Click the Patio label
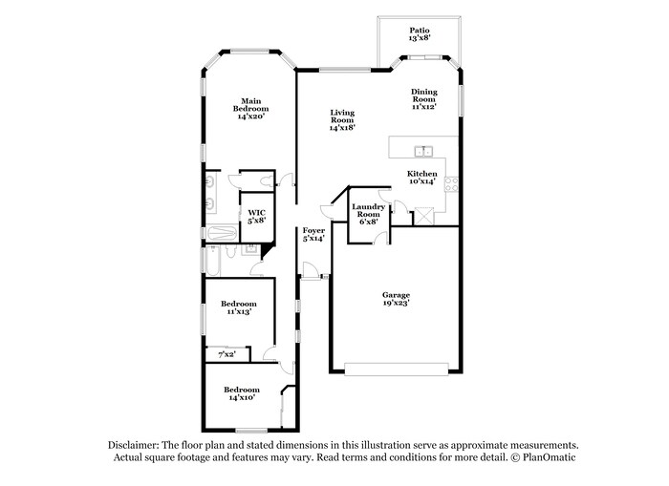coord(419,31)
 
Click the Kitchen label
coord(422,174)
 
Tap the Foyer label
coord(313,231)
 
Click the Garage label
coord(395,295)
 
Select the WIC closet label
coord(256,212)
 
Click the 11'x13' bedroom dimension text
coord(238,312)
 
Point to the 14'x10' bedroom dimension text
coord(241,398)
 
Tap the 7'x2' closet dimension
coord(227,354)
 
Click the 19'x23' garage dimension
coord(395,304)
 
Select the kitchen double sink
coord(424,150)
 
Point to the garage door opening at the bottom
coord(395,369)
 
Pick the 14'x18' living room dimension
coord(342,127)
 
